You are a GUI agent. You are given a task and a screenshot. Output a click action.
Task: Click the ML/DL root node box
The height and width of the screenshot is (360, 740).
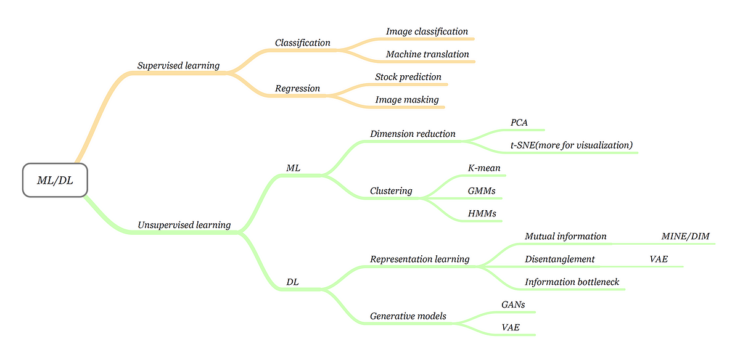(55, 180)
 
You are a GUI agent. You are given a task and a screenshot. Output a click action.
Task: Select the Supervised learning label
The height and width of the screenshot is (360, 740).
(178, 65)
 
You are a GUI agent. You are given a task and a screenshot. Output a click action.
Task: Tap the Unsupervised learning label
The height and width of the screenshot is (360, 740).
(184, 225)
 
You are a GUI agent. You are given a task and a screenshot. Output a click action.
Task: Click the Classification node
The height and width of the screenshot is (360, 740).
(302, 43)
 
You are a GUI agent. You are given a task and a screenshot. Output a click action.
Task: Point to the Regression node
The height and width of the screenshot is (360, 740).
(297, 88)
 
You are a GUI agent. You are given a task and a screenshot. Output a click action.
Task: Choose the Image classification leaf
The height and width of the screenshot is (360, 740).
(427, 31)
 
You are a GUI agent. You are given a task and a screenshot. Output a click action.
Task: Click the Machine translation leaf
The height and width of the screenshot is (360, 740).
(427, 54)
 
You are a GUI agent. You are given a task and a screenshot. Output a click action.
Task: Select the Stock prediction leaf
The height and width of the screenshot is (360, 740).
(408, 77)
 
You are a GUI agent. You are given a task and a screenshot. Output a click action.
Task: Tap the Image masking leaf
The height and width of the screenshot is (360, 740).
(407, 99)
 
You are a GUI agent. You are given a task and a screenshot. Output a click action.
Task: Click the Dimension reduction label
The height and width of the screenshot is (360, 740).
(413, 134)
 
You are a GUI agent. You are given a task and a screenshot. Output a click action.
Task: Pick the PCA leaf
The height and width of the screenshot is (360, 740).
(519, 123)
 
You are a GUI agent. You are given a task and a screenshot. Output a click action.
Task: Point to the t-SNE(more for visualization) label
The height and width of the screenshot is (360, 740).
(572, 145)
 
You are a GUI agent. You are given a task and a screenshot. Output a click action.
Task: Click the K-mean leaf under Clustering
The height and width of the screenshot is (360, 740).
(484, 168)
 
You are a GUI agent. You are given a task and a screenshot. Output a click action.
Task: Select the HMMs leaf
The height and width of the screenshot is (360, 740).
(482, 213)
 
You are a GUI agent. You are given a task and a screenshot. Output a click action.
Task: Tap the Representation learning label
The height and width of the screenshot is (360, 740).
(419, 259)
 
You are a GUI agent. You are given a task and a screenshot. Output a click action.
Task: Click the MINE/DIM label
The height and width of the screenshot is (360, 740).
(685, 236)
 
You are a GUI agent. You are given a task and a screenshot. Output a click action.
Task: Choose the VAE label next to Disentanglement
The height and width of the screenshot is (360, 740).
(659, 259)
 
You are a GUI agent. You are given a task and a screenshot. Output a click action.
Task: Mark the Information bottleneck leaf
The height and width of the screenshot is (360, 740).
(572, 282)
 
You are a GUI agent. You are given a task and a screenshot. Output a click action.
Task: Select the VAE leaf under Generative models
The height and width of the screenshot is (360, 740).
(511, 327)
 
